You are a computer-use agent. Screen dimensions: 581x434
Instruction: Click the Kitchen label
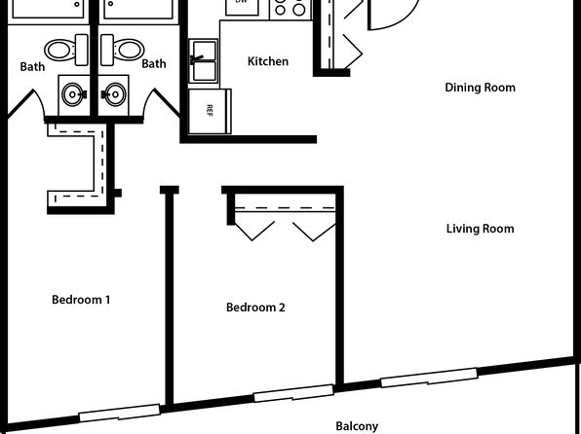268,61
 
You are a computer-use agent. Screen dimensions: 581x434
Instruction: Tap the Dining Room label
480,88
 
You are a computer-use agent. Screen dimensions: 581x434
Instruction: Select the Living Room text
480,229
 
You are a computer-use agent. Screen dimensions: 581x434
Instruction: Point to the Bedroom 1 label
81,300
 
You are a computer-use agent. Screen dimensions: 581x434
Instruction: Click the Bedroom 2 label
255,307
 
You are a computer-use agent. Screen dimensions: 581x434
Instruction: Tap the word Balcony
357,426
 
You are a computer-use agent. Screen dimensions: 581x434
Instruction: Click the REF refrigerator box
211,111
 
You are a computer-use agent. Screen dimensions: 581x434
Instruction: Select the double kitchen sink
204,61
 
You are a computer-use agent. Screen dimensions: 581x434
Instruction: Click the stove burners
290,9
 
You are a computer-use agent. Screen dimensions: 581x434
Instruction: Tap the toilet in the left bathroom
66,50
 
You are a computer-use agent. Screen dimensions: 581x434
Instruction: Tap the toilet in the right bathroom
122,50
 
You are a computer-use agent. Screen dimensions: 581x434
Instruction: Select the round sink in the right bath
114,94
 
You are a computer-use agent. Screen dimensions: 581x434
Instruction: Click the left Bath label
32,66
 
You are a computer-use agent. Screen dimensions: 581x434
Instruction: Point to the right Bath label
154,63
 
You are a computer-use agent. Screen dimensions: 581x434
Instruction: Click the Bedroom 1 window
120,413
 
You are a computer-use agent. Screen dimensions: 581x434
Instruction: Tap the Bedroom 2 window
293,393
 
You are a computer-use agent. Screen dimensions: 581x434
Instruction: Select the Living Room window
429,378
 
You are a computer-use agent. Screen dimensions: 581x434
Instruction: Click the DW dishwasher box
242,8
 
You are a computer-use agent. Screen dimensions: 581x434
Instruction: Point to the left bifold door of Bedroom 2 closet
254,229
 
